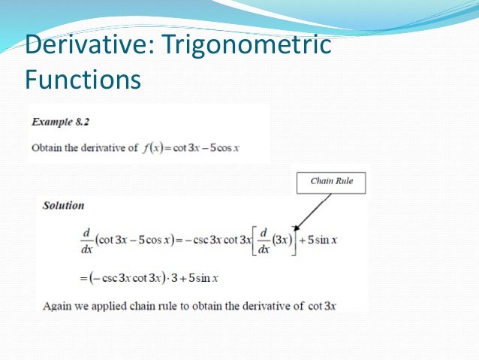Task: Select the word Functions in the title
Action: [x=83, y=78]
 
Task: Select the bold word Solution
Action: [x=64, y=205]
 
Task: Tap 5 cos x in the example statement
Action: [x=221, y=147]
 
